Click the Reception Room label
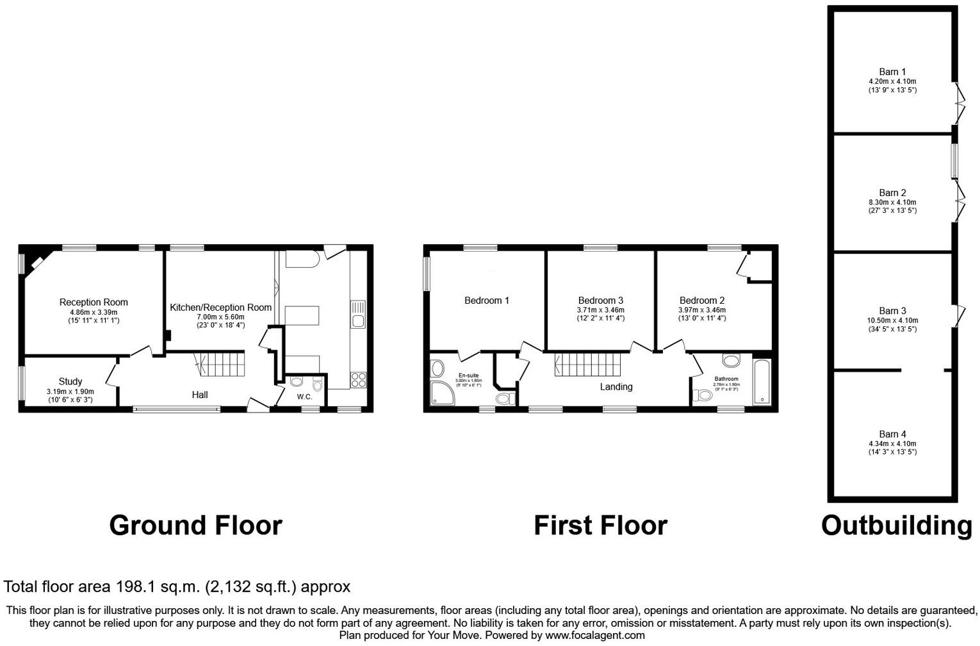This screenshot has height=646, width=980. coord(94,302)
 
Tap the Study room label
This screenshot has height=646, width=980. coord(70,381)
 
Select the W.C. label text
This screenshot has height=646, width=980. coord(305,397)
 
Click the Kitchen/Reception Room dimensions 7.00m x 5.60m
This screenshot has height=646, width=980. coord(220,317)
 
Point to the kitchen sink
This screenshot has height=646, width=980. coord(358,314)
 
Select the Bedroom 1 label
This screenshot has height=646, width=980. coord(487,300)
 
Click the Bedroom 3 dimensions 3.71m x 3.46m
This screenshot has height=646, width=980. coord(600,310)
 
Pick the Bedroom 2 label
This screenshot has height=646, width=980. coord(702,300)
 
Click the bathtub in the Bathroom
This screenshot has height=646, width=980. coord(762,382)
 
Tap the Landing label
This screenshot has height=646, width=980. coord(616,386)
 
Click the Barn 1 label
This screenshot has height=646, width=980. coord(892,72)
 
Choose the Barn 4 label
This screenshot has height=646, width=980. coord(892,434)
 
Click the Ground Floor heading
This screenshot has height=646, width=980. coord(195,526)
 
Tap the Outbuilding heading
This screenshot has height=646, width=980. coord(896,526)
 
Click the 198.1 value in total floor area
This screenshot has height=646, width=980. coord(136,586)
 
